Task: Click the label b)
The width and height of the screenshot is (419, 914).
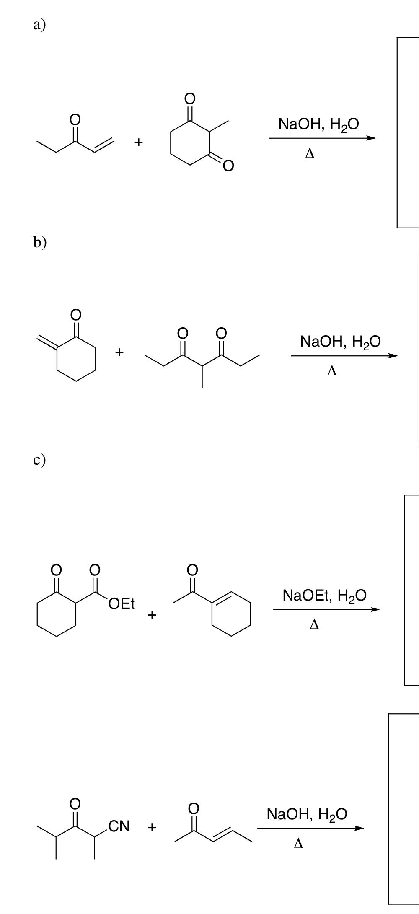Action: tap(40, 242)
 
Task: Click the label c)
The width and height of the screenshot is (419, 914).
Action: tap(39, 459)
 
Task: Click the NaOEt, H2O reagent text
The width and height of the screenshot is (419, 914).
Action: tap(324, 596)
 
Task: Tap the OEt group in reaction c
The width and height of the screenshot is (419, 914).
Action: tap(121, 604)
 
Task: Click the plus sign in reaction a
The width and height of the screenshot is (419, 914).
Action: tap(139, 142)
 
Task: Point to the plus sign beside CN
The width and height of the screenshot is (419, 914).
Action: tap(152, 827)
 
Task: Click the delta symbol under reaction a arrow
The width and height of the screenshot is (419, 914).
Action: tap(310, 154)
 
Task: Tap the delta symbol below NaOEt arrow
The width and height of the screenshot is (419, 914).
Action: tap(314, 625)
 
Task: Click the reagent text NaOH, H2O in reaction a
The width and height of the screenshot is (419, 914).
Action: tap(318, 124)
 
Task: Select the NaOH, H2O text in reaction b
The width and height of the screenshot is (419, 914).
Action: tap(340, 342)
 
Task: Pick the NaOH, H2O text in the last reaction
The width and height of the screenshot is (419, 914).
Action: tap(307, 814)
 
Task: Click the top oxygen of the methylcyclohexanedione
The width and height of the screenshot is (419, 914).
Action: tap(190, 99)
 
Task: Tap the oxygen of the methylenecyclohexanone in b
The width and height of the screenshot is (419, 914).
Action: tap(75, 314)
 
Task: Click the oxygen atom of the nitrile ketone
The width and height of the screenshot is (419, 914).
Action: tap(75, 803)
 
